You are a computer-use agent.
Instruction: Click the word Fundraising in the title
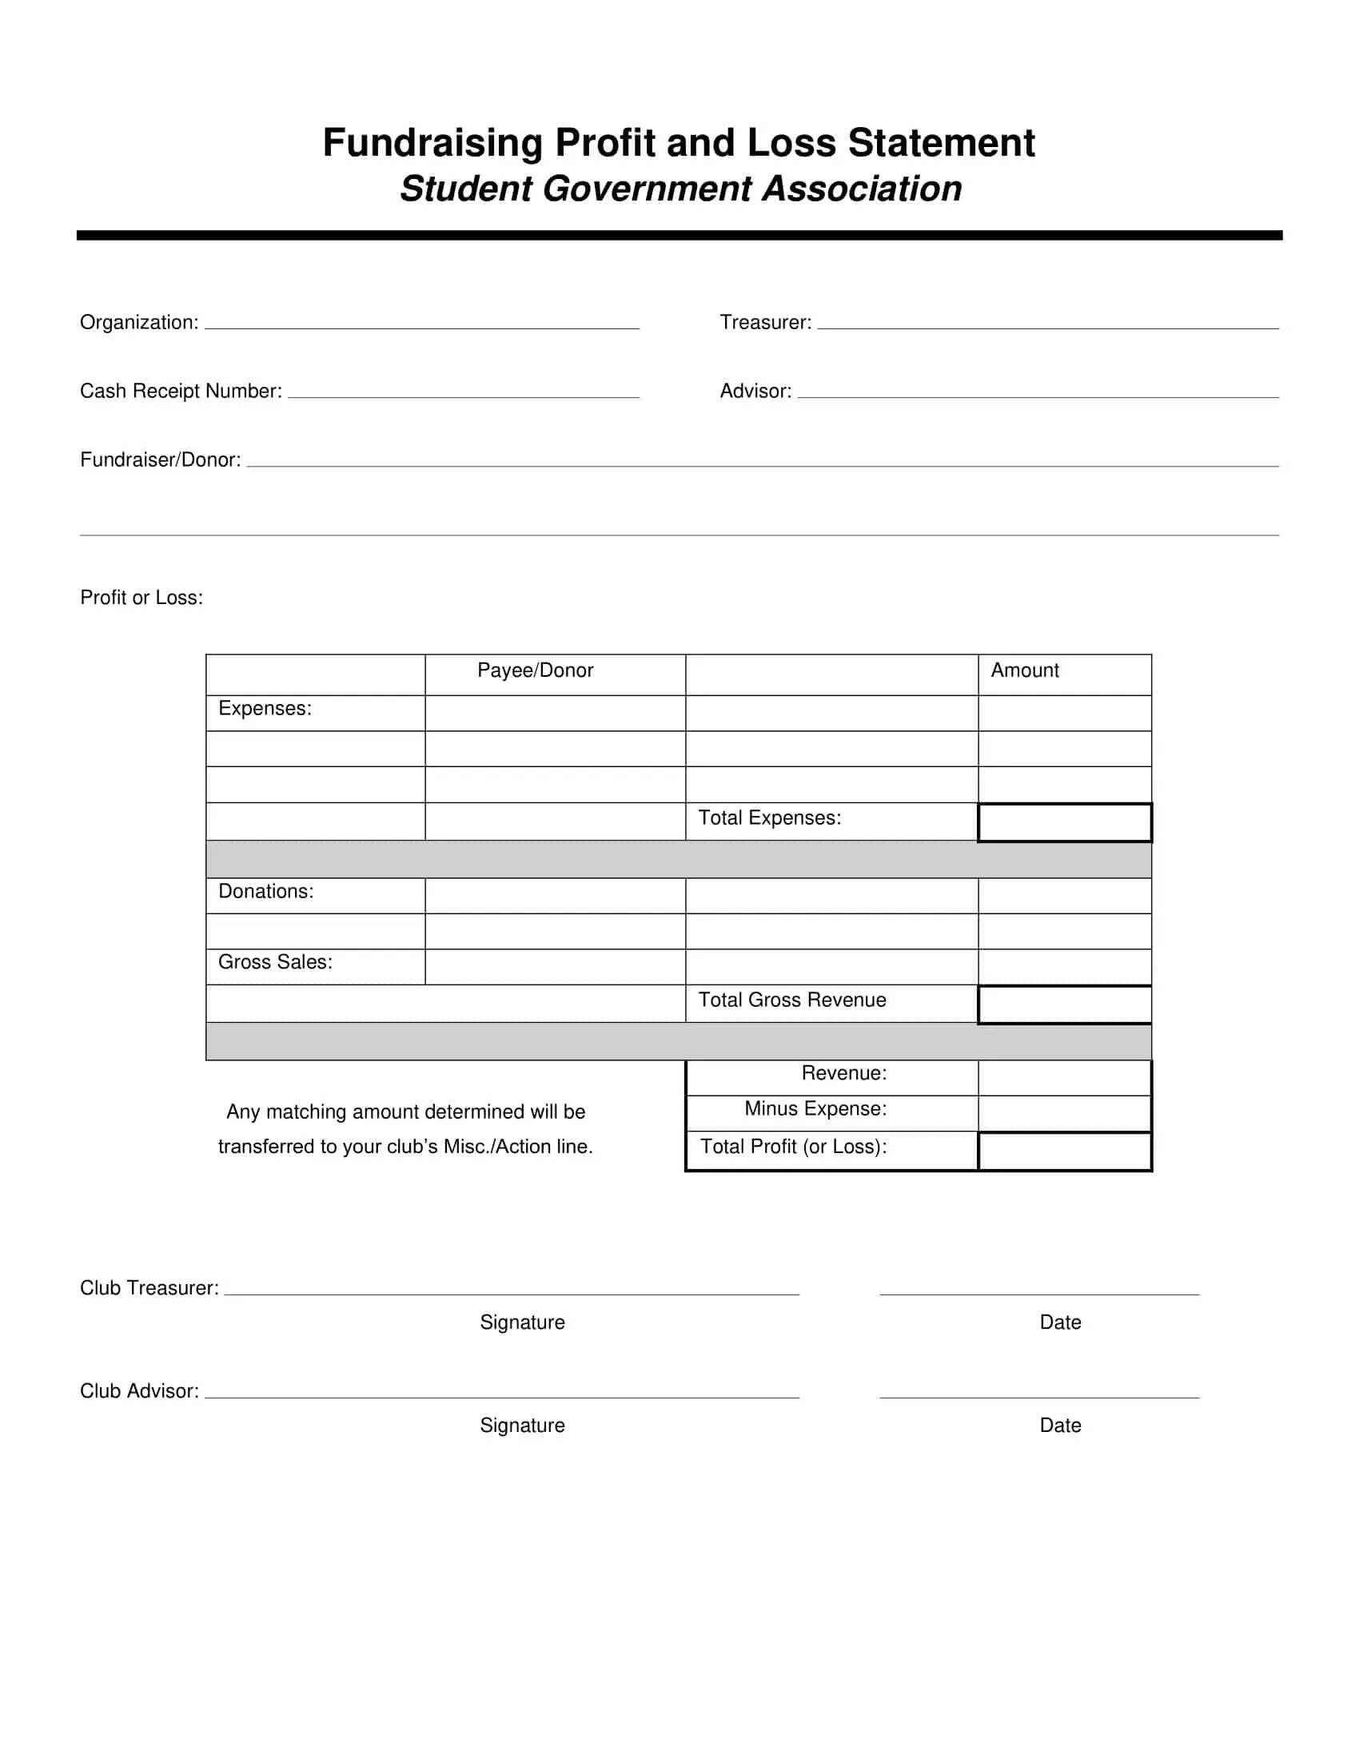[433, 143]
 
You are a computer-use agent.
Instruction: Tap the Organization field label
[138, 323]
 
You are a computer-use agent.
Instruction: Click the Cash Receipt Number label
[181, 392]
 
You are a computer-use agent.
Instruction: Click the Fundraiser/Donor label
[160, 459]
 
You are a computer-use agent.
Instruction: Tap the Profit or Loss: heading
[141, 597]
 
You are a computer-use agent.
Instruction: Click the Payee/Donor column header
[535, 670]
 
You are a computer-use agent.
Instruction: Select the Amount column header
[1024, 670]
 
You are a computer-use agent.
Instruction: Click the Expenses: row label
[264, 708]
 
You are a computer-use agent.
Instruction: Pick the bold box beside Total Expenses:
[1063, 822]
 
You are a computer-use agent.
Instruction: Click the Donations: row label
[265, 891]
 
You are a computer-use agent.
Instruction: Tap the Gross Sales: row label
[274, 962]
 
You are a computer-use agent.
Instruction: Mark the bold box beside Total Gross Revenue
[1063, 1004]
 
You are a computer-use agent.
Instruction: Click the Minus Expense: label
[815, 1109]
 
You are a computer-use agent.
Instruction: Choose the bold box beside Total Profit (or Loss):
[1063, 1151]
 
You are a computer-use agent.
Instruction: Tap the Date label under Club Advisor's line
[1059, 1426]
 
